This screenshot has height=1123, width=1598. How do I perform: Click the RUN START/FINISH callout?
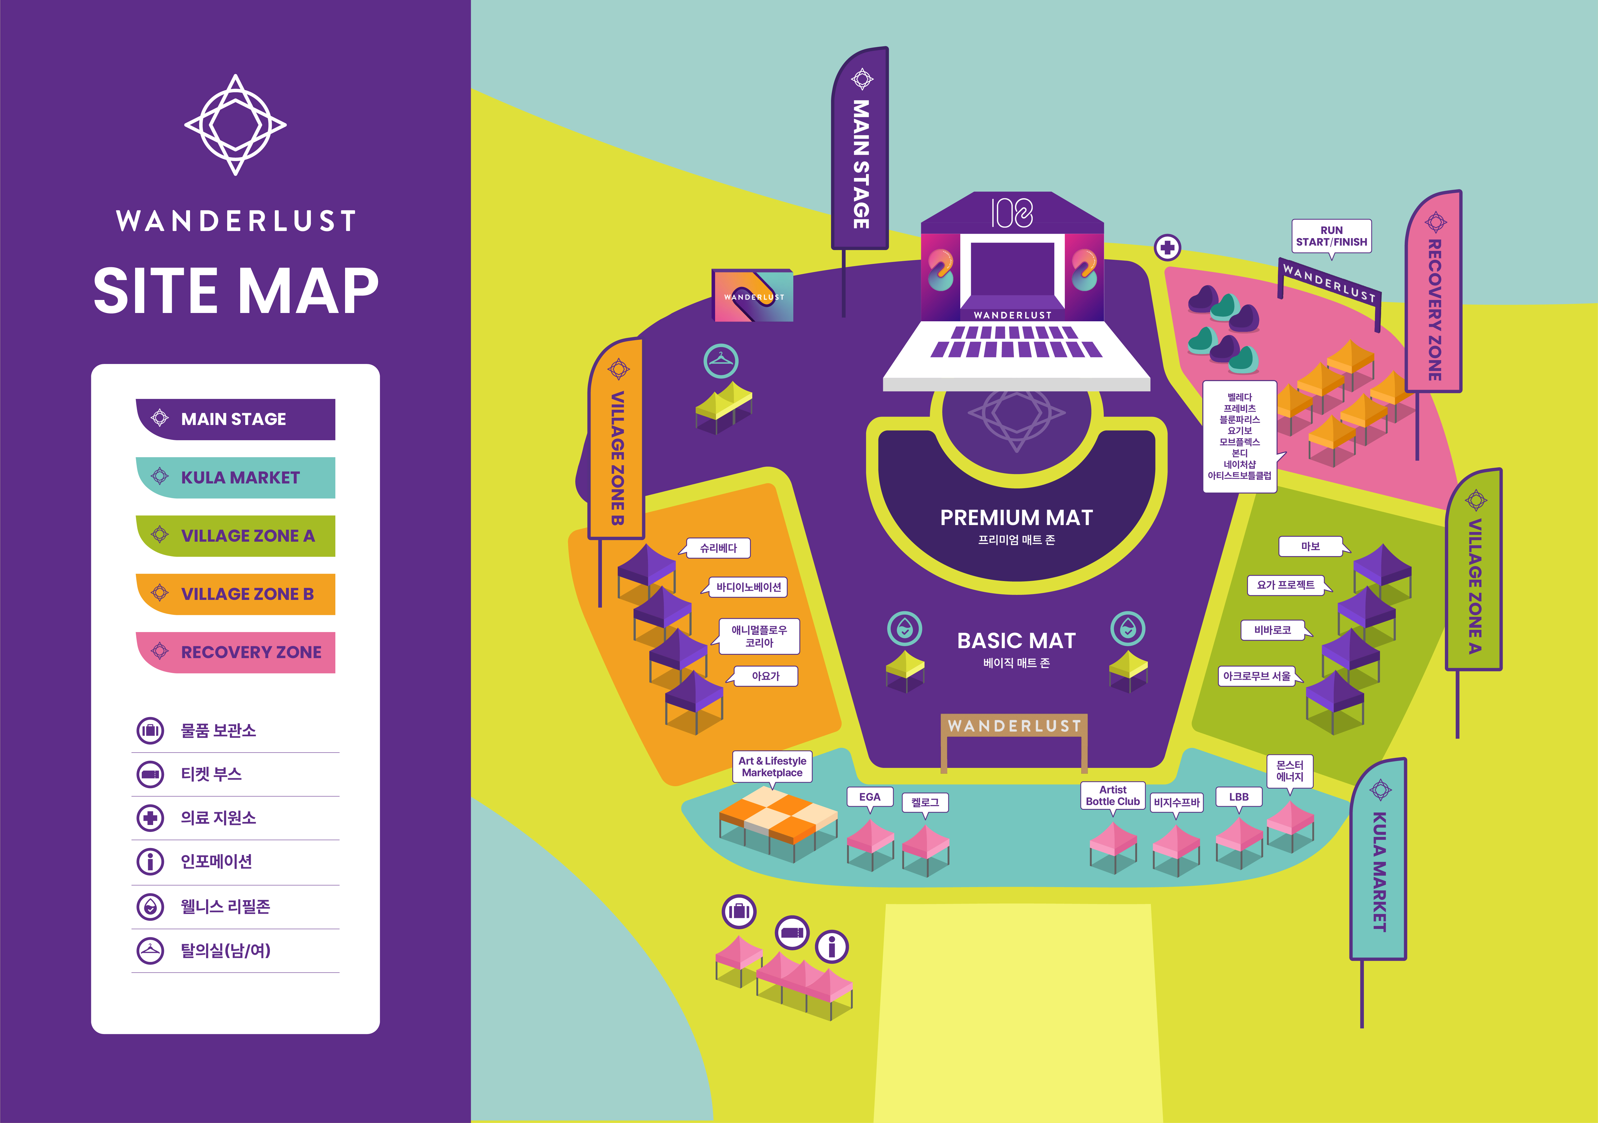pos(1331,236)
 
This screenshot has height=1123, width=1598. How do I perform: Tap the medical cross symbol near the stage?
pos(1167,247)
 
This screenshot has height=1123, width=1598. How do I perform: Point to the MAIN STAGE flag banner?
pos(860,150)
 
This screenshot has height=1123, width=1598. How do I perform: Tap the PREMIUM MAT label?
pos(1016,518)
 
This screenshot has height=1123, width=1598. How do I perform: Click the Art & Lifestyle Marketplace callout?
pos(772,767)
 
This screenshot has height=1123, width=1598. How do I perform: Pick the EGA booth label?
pos(869,797)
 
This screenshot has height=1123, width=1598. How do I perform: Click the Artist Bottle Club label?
pos(1112,795)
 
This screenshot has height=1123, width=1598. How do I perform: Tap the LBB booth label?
pos(1238,797)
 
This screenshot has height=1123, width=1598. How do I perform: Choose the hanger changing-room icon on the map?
pos(720,360)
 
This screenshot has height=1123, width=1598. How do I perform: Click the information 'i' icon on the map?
pos(832,946)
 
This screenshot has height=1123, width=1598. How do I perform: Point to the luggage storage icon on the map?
pos(739,911)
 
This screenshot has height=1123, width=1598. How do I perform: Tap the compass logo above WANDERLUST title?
pos(235,125)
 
